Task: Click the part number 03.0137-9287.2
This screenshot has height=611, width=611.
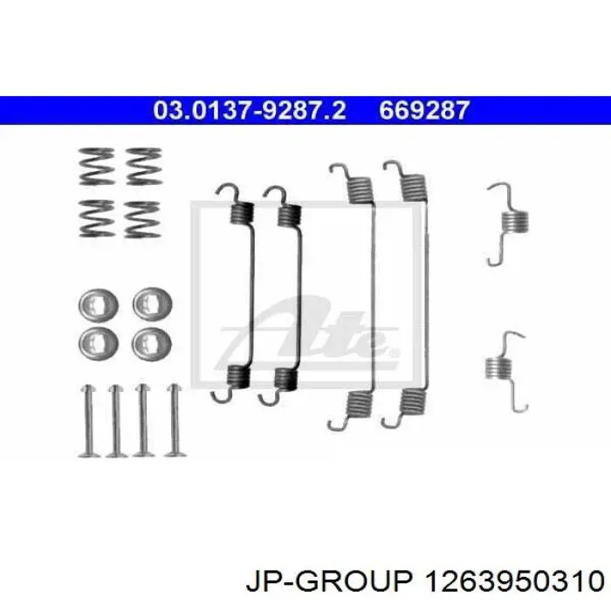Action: (250, 110)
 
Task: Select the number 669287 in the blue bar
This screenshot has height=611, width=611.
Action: (424, 110)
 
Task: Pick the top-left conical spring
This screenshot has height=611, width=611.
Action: (97, 167)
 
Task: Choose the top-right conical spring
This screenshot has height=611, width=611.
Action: (144, 167)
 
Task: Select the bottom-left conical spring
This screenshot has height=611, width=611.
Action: (97, 218)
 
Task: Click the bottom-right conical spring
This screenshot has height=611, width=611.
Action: (142, 219)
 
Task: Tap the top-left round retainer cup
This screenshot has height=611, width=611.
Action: (98, 305)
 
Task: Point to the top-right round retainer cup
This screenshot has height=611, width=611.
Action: (152, 304)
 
